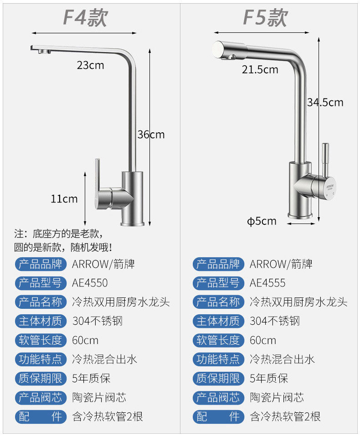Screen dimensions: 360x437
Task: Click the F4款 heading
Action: [x=85, y=18]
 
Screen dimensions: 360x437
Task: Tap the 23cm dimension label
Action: [x=90, y=65]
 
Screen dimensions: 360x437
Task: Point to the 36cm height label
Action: [x=151, y=135]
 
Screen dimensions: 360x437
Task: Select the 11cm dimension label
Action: [x=64, y=199]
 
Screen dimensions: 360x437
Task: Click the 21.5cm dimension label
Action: [x=260, y=69]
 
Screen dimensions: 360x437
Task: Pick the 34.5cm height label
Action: [x=325, y=102]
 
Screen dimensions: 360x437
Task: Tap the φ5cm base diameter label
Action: [x=262, y=221]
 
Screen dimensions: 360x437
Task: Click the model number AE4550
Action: [x=90, y=283]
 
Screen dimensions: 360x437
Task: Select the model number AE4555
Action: [x=267, y=283]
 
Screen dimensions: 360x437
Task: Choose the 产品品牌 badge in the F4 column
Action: [x=40, y=264]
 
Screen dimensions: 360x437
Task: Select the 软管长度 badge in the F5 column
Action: [x=217, y=340]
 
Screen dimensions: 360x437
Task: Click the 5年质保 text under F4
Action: [x=91, y=378]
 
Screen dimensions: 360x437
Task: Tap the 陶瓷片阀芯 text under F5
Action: [x=277, y=397]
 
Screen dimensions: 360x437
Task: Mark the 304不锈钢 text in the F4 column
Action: [x=97, y=321]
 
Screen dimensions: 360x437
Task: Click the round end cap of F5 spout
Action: [x=218, y=48]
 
